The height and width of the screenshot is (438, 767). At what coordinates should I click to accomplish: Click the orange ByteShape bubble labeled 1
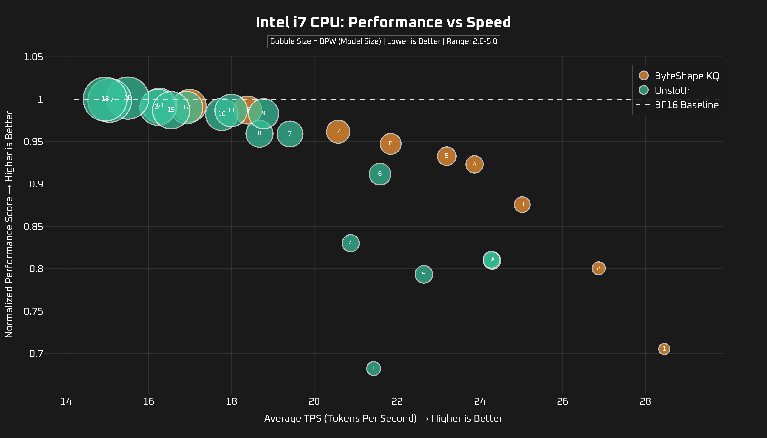click(664, 349)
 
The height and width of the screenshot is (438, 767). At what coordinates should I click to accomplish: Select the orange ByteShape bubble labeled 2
click(598, 268)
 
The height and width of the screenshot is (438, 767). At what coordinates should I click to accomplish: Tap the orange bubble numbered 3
click(522, 205)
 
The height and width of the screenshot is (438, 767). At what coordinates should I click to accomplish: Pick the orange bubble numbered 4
click(474, 164)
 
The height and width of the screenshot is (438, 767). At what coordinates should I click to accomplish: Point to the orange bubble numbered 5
click(446, 156)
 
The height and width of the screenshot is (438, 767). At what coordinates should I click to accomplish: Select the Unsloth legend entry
click(672, 90)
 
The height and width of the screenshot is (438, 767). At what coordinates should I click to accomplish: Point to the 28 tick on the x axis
click(645, 401)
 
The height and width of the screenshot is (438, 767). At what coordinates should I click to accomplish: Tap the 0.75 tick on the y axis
click(33, 311)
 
